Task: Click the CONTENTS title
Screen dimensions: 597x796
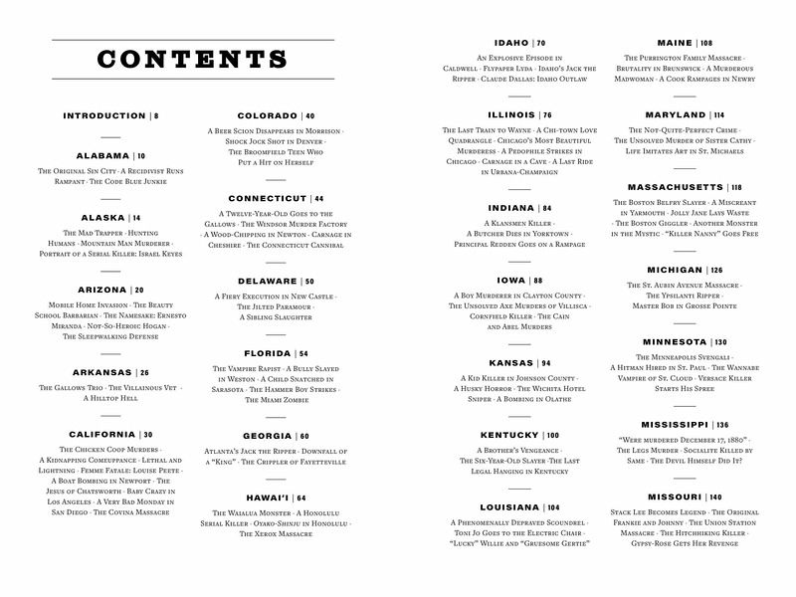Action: coord(193,59)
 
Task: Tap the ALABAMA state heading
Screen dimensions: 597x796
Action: coord(103,156)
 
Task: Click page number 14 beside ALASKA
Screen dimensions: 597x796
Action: coord(136,218)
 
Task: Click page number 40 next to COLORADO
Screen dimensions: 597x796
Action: coord(309,116)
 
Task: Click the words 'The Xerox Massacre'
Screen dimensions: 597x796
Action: coord(275,534)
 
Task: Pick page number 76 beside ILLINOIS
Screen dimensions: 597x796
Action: coord(547,115)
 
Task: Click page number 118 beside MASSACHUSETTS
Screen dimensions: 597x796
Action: coord(735,187)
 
